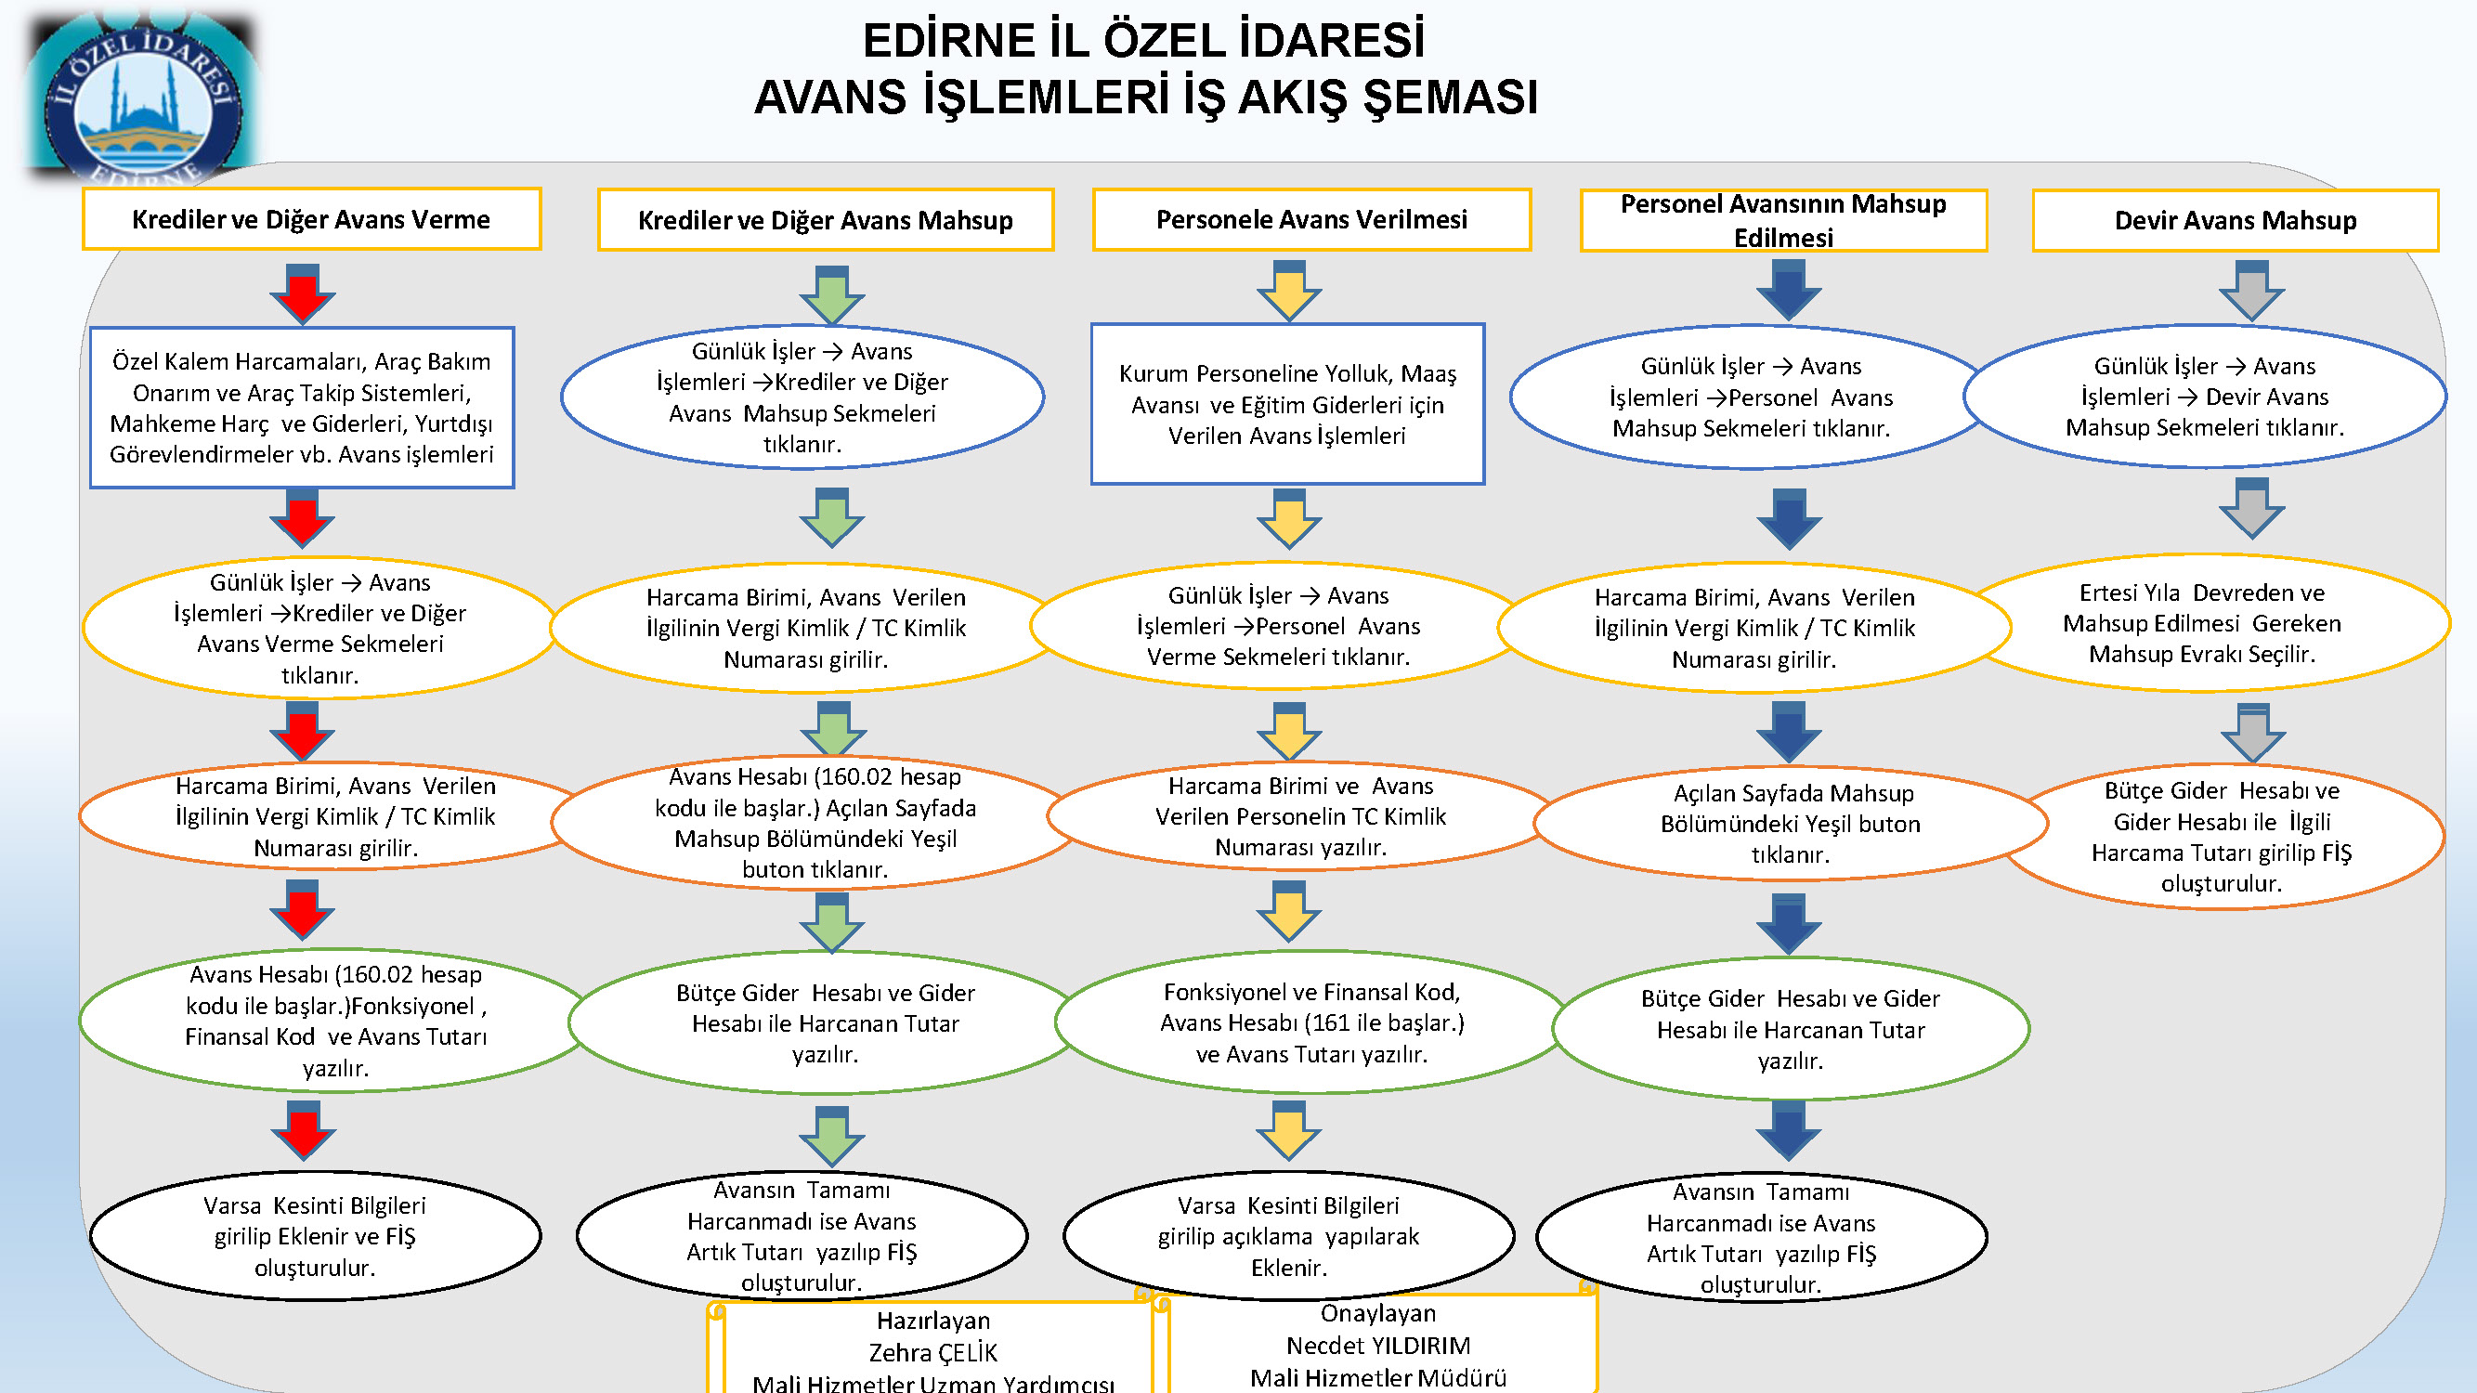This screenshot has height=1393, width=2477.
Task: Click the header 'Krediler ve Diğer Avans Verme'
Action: coord(311,219)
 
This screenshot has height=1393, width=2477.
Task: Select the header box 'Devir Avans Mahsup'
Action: coord(2236,220)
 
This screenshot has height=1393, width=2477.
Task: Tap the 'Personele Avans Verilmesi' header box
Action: coord(1311,219)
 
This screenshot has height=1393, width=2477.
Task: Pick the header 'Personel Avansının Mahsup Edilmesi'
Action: coord(1784,220)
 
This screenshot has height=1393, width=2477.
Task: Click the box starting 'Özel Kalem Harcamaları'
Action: coord(302,408)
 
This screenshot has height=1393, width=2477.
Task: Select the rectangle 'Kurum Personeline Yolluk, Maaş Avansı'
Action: coord(1287,404)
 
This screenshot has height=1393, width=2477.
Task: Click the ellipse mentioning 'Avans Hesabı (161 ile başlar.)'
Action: coord(1311,1022)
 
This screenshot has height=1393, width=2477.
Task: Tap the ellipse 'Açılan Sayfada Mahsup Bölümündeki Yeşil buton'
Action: coord(1791,823)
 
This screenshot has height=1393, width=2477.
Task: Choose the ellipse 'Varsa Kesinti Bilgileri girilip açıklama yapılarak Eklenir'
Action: coord(1288,1235)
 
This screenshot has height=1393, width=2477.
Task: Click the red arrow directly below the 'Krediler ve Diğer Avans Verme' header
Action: coord(302,293)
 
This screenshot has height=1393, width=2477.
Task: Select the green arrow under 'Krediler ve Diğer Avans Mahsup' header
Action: coord(832,295)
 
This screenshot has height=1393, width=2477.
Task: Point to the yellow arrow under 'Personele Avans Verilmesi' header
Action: coord(1288,291)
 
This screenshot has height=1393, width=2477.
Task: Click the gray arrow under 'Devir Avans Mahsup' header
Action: coord(2252,291)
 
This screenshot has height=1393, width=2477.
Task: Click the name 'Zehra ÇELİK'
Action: coord(933,1353)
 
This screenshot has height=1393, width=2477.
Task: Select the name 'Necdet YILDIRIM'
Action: coord(1378,1345)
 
